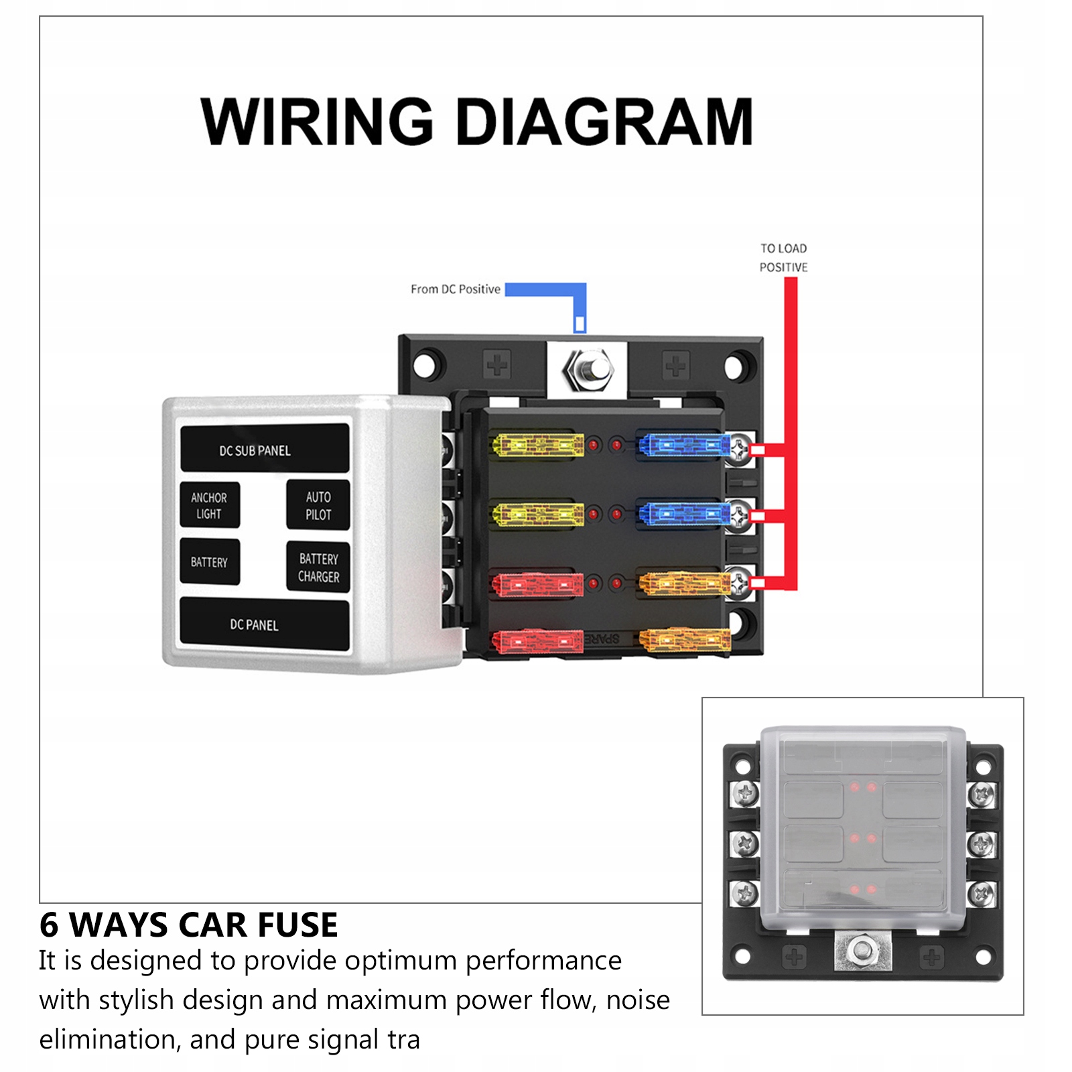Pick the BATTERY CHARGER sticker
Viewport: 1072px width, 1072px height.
tap(318, 567)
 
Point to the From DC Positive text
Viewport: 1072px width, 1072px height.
tap(456, 289)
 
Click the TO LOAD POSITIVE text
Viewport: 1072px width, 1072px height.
tap(783, 258)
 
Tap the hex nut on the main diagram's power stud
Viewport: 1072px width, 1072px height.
tap(588, 369)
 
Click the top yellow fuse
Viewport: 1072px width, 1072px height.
tap(538, 445)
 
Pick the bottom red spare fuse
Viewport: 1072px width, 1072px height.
tap(538, 641)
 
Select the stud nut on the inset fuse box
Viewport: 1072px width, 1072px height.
tap(862, 949)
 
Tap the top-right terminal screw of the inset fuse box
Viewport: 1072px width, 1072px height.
tap(982, 795)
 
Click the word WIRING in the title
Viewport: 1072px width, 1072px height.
tap(318, 122)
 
